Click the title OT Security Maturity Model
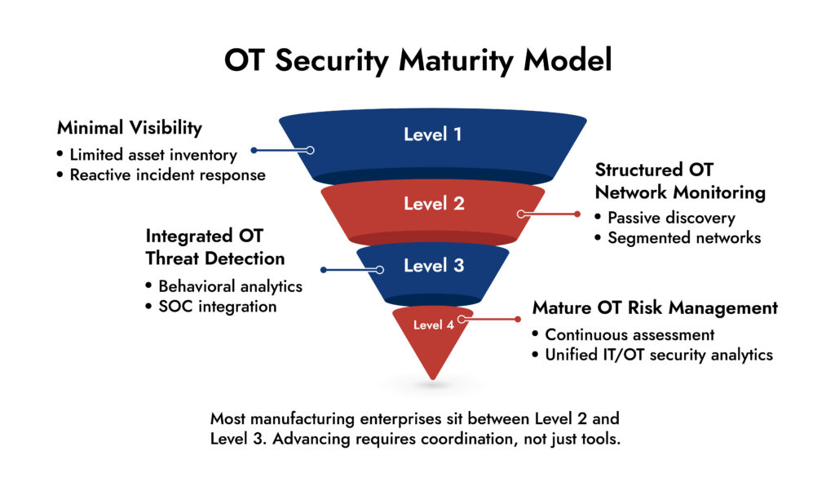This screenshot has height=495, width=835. [417, 60]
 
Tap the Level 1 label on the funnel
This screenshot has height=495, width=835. [432, 135]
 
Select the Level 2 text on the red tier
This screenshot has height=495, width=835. [434, 204]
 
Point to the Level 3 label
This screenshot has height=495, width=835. [434, 266]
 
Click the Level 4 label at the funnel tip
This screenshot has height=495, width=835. [433, 325]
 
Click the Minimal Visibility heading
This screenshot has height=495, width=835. [130, 128]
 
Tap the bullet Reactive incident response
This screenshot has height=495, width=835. [167, 175]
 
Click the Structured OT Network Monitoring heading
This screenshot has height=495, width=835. [680, 181]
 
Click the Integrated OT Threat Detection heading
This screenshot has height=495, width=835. [215, 247]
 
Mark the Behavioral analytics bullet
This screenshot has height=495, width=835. [230, 286]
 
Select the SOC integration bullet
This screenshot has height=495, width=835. [217, 307]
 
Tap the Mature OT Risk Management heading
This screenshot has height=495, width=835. [655, 308]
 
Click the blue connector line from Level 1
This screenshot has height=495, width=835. [281, 150]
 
